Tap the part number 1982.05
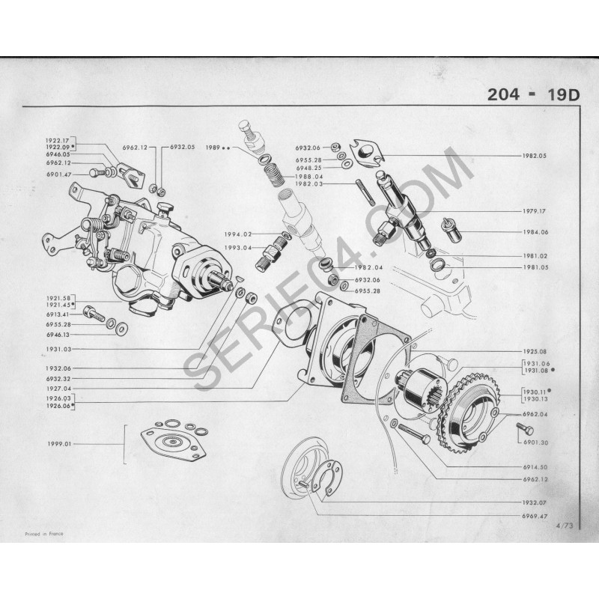[535, 156]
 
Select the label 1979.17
[535, 211]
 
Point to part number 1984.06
[535, 232]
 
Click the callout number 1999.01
[57, 444]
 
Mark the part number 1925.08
[535, 350]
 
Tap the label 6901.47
[57, 174]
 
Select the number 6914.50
[535, 466]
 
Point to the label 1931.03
[57, 350]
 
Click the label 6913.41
[57, 315]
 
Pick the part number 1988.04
[308, 177]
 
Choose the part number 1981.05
[535, 266]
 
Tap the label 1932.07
[535, 502]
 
